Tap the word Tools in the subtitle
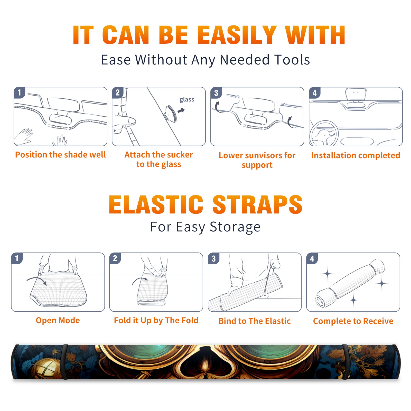[292, 60]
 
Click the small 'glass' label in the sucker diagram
[187, 100]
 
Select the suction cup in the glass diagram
[171, 113]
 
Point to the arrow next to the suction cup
[181, 110]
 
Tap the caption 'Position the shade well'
[60, 155]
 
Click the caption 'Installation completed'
[356, 155]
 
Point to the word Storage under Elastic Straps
[235, 227]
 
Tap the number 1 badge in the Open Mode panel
[17, 258]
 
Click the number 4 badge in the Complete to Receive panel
[312, 258]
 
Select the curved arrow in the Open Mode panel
[37, 281]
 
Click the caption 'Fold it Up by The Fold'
[156, 320]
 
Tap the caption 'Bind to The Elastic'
[255, 321]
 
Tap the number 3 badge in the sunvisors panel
[216, 93]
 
